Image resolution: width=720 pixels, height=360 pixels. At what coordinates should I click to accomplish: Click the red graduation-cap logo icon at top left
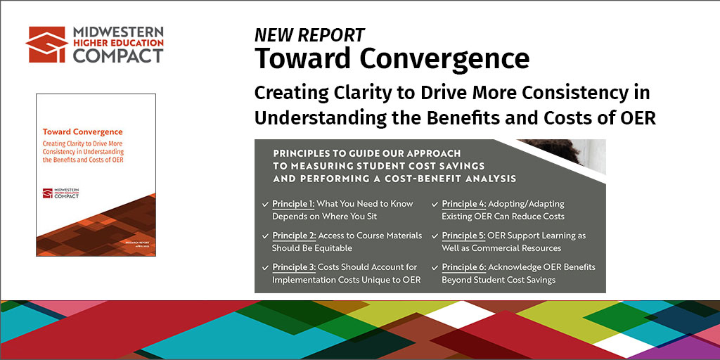pos(47,44)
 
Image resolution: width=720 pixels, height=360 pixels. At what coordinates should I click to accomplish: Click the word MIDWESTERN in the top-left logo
pos(119,32)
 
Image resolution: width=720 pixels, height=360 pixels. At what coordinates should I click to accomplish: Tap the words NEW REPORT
pos(309,35)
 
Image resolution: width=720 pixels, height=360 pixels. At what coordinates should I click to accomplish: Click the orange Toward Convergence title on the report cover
pos(82,131)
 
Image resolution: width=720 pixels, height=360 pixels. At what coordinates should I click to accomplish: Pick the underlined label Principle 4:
pos(463,203)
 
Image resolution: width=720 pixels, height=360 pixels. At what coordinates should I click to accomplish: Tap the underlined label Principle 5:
pos(463,236)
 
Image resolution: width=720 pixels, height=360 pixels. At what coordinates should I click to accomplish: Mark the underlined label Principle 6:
pos(463,267)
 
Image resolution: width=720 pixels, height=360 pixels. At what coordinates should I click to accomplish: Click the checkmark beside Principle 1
pos(264,204)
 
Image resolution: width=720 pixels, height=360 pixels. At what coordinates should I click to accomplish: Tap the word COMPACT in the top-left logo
pos(118,56)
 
